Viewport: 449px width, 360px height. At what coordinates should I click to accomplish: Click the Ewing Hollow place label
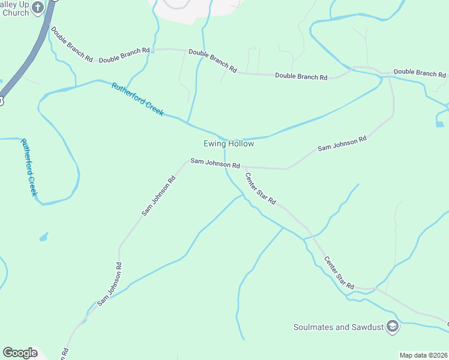click(228, 144)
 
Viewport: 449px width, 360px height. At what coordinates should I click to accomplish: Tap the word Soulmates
click(314, 327)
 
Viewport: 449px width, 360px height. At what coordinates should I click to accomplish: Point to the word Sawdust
click(366, 327)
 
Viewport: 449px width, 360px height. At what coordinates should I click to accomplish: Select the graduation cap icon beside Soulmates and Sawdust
click(393, 326)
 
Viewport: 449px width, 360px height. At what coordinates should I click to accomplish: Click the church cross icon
click(37, 7)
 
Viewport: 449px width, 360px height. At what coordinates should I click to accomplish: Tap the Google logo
click(20, 352)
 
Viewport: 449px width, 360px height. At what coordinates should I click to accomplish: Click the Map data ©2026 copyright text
click(423, 355)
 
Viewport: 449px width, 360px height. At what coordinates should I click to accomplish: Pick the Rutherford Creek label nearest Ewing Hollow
click(137, 99)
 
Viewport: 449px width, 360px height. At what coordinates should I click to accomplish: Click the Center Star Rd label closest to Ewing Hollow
click(260, 188)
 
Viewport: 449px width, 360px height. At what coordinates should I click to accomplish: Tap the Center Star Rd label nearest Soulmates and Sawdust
click(339, 272)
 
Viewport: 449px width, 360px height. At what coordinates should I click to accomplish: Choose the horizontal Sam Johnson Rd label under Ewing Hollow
click(215, 163)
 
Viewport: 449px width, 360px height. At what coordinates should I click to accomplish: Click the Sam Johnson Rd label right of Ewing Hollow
click(342, 143)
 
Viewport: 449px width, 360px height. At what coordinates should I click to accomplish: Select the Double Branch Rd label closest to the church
click(71, 44)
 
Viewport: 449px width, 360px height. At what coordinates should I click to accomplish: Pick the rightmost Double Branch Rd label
click(420, 73)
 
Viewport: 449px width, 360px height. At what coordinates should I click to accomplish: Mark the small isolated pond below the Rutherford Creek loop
click(43, 237)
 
